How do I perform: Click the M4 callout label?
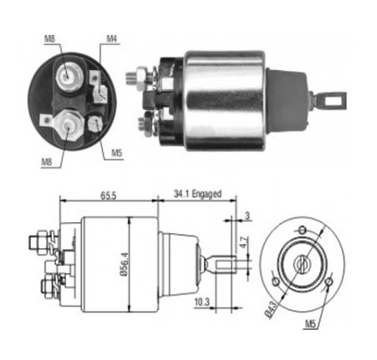coord(111,38)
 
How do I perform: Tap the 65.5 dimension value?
coord(108,195)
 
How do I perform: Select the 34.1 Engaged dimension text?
coord(197,194)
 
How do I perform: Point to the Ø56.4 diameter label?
coord(125,264)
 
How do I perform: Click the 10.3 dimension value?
coord(202,302)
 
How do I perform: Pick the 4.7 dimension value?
coord(243,242)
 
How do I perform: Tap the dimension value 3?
coord(247,215)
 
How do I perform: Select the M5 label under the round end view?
coord(310,324)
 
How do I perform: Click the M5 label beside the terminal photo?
coord(117,153)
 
